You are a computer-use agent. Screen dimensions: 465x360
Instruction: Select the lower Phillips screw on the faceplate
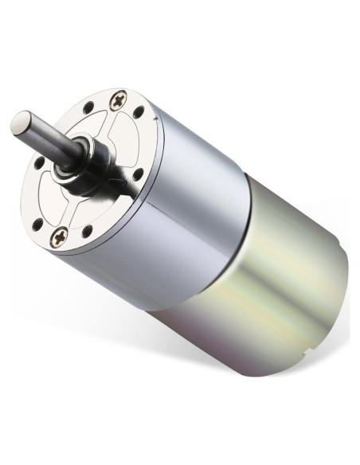tap(59, 236)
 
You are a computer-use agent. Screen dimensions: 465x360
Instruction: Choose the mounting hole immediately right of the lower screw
tap(85, 232)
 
